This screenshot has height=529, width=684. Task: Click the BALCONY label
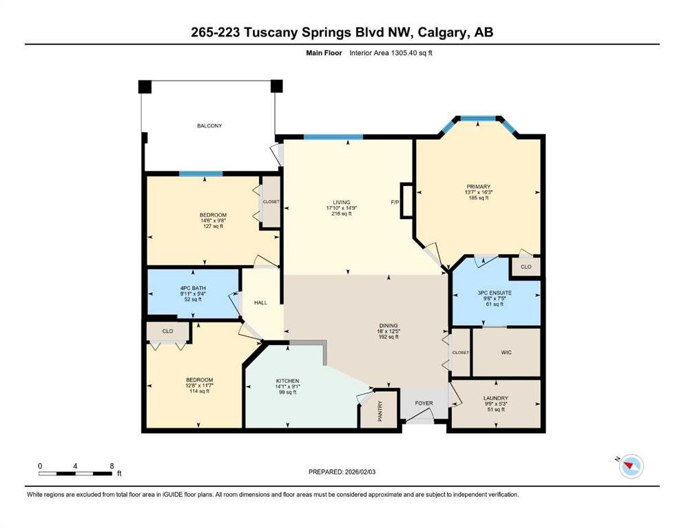[x=209, y=125]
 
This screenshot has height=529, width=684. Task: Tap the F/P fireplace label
[x=395, y=203]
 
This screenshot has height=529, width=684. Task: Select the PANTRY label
[x=380, y=411]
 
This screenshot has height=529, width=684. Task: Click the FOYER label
[x=424, y=403]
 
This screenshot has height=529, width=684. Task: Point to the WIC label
[x=506, y=353]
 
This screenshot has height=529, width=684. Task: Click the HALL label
[x=260, y=302]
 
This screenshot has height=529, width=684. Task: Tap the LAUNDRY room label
[x=495, y=398]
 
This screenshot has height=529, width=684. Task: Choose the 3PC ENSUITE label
[x=495, y=293]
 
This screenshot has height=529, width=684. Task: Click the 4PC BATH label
[x=193, y=289]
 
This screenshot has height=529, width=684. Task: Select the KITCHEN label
[x=287, y=381]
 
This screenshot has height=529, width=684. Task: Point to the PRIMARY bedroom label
[x=479, y=187]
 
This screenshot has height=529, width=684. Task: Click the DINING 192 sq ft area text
[x=388, y=337]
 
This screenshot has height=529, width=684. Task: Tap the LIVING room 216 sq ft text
[x=342, y=214]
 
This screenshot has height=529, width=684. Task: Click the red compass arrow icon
[x=629, y=466]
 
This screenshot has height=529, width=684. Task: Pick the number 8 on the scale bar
[x=112, y=466]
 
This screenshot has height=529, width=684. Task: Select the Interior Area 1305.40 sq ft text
[x=391, y=53]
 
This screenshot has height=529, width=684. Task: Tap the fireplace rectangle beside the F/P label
[x=406, y=200]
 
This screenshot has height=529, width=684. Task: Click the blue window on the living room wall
[x=333, y=137]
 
